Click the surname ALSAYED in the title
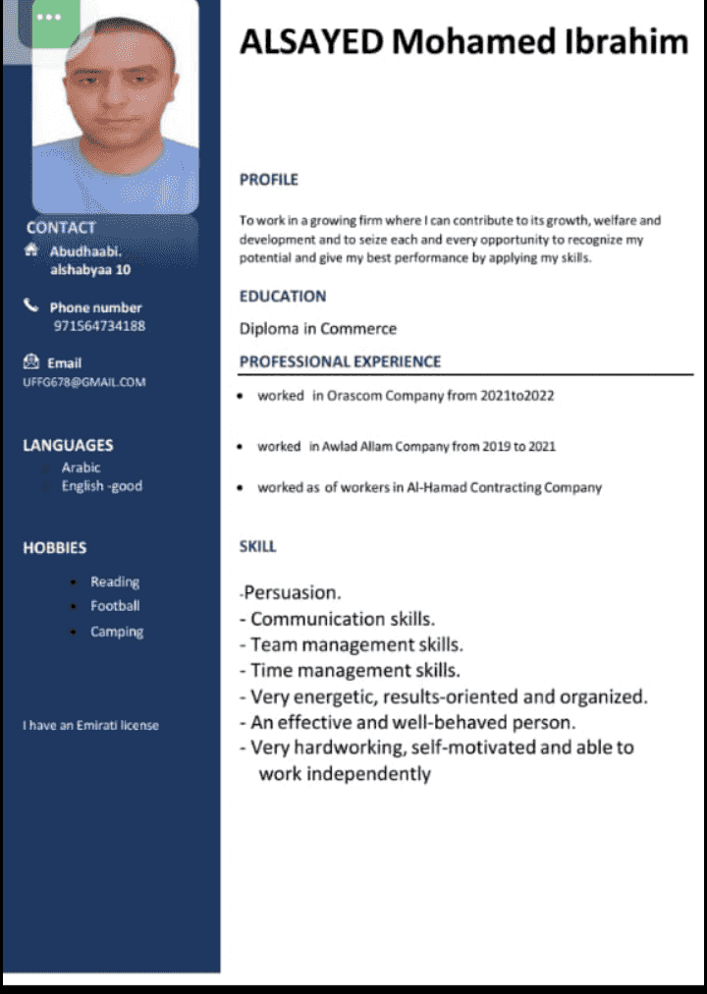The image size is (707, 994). pyautogui.click(x=312, y=42)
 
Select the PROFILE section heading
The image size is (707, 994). pyautogui.click(x=268, y=180)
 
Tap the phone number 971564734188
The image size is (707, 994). pyautogui.click(x=99, y=326)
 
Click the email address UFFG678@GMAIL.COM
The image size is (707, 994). pyautogui.click(x=83, y=382)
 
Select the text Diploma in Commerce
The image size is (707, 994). pyautogui.click(x=318, y=329)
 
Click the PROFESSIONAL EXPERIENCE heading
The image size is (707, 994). pyautogui.click(x=340, y=361)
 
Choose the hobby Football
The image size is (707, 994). pyautogui.click(x=115, y=606)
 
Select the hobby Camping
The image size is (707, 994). pyautogui.click(x=117, y=632)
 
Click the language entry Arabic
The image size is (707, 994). pyautogui.click(x=81, y=468)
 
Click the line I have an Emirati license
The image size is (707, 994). pyautogui.click(x=90, y=725)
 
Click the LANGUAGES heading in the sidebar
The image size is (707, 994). pyautogui.click(x=68, y=445)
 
